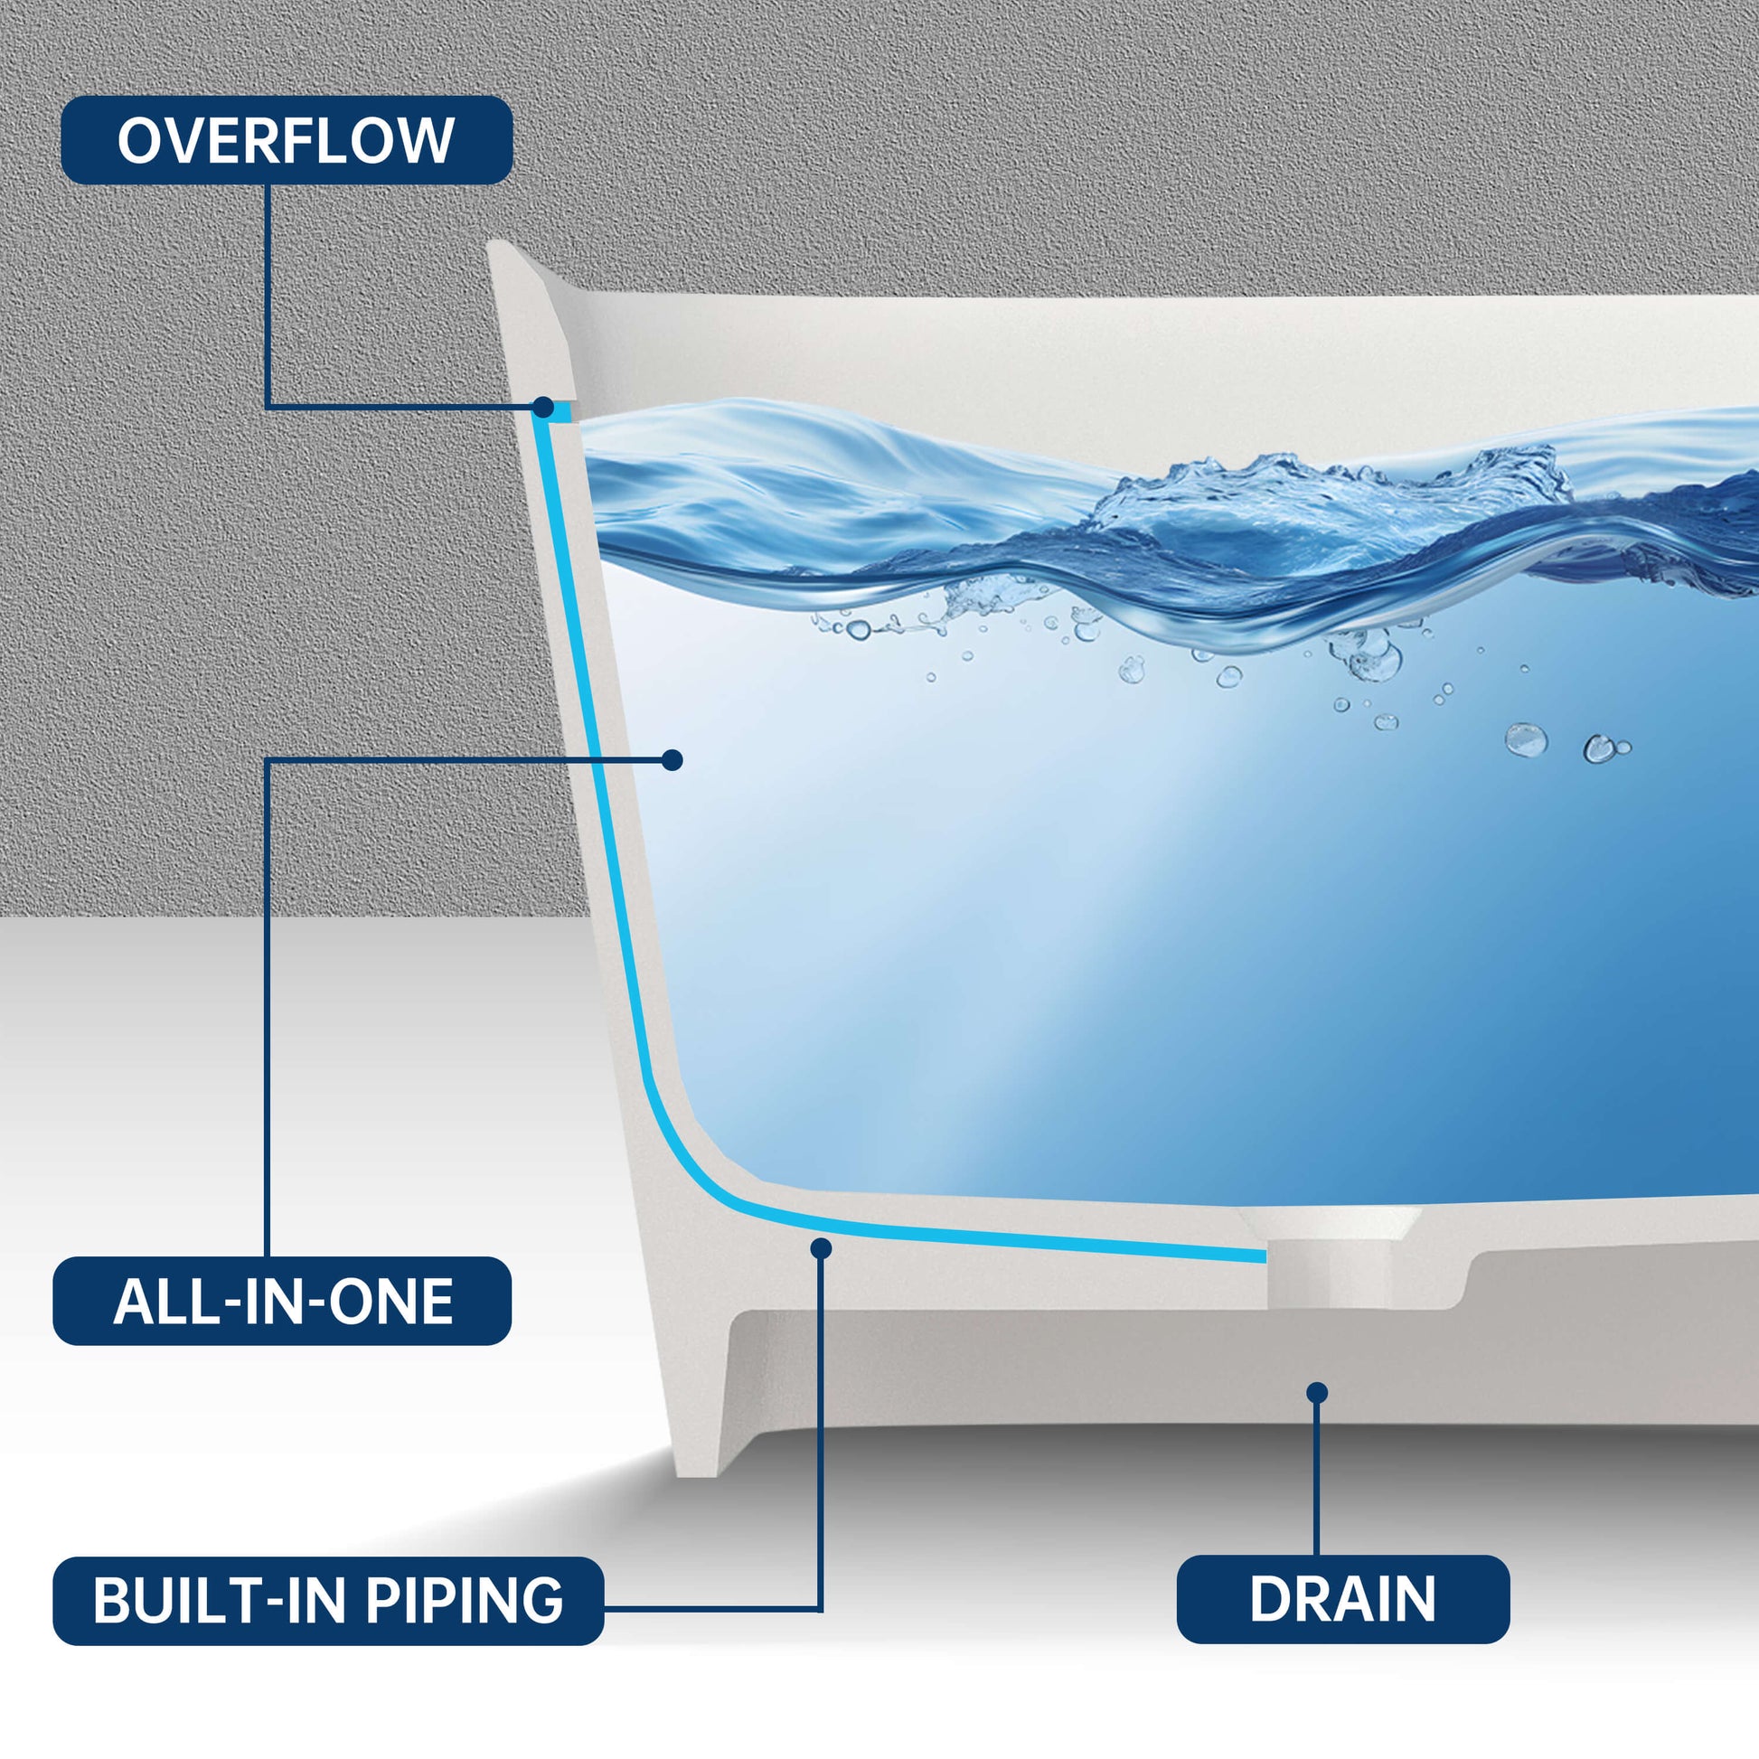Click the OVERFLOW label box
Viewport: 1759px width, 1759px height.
click(287, 140)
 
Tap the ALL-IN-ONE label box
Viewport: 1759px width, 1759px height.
click(282, 1301)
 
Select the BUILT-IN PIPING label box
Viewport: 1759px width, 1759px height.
click(328, 1601)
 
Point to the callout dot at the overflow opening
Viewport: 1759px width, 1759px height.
click(543, 406)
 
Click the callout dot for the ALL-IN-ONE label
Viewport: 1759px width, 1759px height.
click(672, 759)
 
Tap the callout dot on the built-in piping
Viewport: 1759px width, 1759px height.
click(821, 1248)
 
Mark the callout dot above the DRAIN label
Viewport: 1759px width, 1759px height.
click(1316, 1393)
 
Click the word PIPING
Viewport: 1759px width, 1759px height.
click(465, 1601)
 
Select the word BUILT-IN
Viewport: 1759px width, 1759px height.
click(220, 1601)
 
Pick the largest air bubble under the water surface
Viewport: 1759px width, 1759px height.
click(1526, 739)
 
